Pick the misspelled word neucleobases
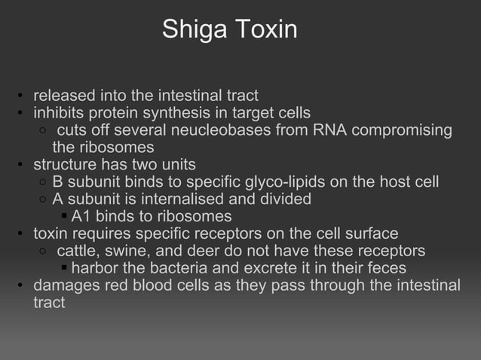pos(243,130)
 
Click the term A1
pos(80,217)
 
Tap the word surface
pos(371,233)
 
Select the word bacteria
pos(179,268)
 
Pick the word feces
pos(386,268)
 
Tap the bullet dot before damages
pos(22,286)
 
